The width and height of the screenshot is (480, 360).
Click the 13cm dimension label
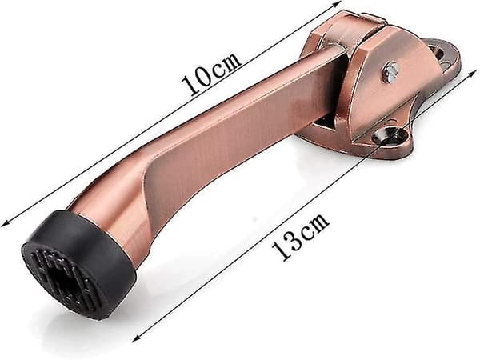point(300,236)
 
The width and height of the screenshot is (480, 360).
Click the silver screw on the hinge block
point(391,74)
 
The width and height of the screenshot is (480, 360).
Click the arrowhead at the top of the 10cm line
point(337,3)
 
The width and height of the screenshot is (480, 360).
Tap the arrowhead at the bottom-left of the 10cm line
point(6,224)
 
